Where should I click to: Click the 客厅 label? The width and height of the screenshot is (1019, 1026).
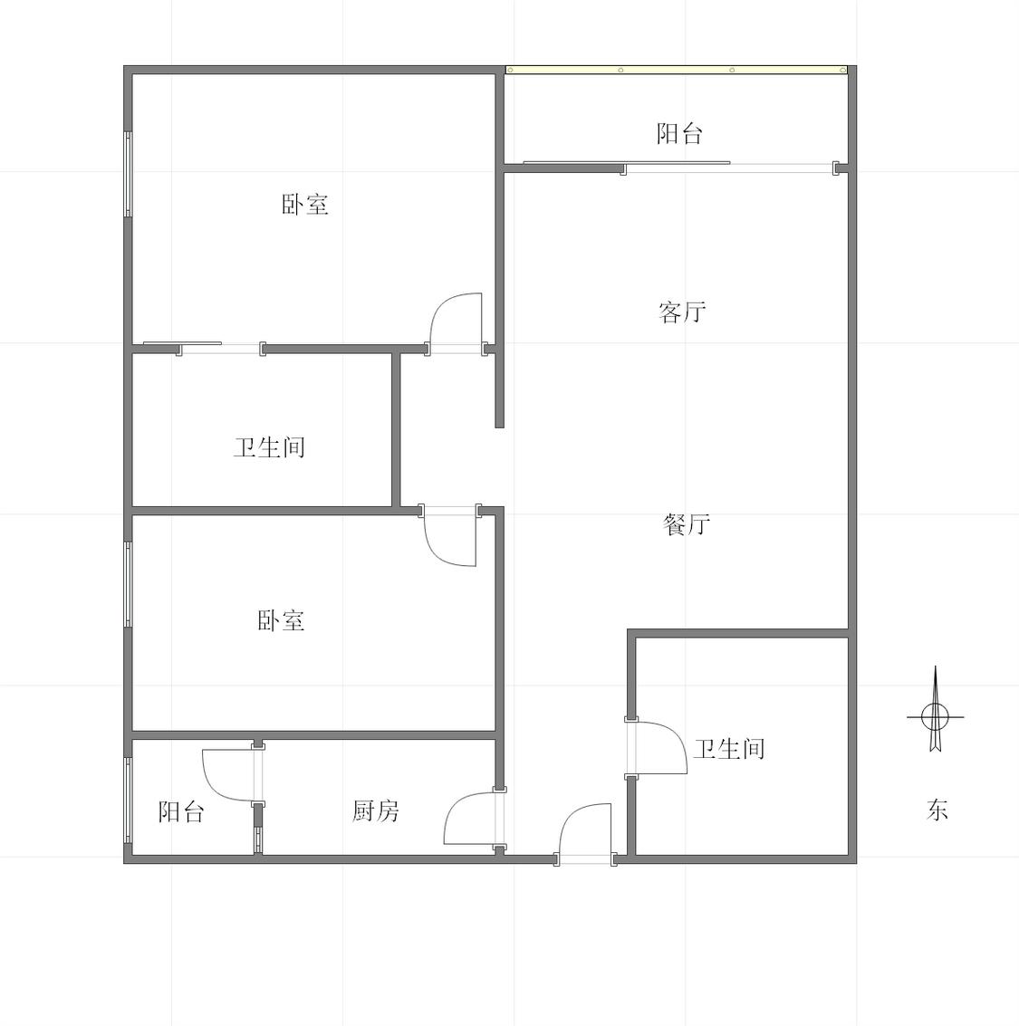pos(683,312)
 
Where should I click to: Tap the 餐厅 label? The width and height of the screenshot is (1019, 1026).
pos(687,524)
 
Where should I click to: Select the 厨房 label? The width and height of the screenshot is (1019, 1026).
pos(376,810)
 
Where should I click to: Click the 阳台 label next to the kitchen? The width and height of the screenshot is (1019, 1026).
pos(181,811)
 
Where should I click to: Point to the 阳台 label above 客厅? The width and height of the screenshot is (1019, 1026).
pos(680,133)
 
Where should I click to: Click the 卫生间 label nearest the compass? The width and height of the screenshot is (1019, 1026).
pos(729,749)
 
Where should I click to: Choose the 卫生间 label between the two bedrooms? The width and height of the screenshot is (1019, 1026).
pos(270,447)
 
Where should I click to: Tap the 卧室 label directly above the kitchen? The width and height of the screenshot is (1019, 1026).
pos(281,620)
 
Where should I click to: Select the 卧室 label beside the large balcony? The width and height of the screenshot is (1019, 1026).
pos(305,204)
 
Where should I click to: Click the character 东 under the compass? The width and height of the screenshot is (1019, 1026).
pos(937,810)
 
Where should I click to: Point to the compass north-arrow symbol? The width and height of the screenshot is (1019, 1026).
pos(936,711)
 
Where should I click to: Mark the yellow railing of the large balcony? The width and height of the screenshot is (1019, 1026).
pos(677,70)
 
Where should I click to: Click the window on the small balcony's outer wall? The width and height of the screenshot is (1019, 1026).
pos(129,799)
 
